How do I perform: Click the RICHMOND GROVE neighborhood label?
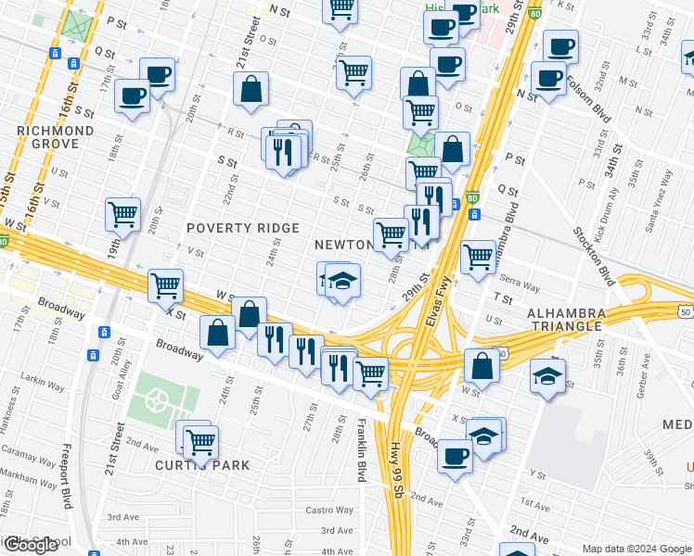[55, 138]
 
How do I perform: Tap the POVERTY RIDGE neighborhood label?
[243, 228]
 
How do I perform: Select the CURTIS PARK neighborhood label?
[189, 465]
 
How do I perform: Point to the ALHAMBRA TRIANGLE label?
[565, 321]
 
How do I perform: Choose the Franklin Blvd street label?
[360, 450]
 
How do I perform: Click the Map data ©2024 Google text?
[636, 549]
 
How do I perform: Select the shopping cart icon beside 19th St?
[122, 215]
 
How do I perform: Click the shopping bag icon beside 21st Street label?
[251, 90]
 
